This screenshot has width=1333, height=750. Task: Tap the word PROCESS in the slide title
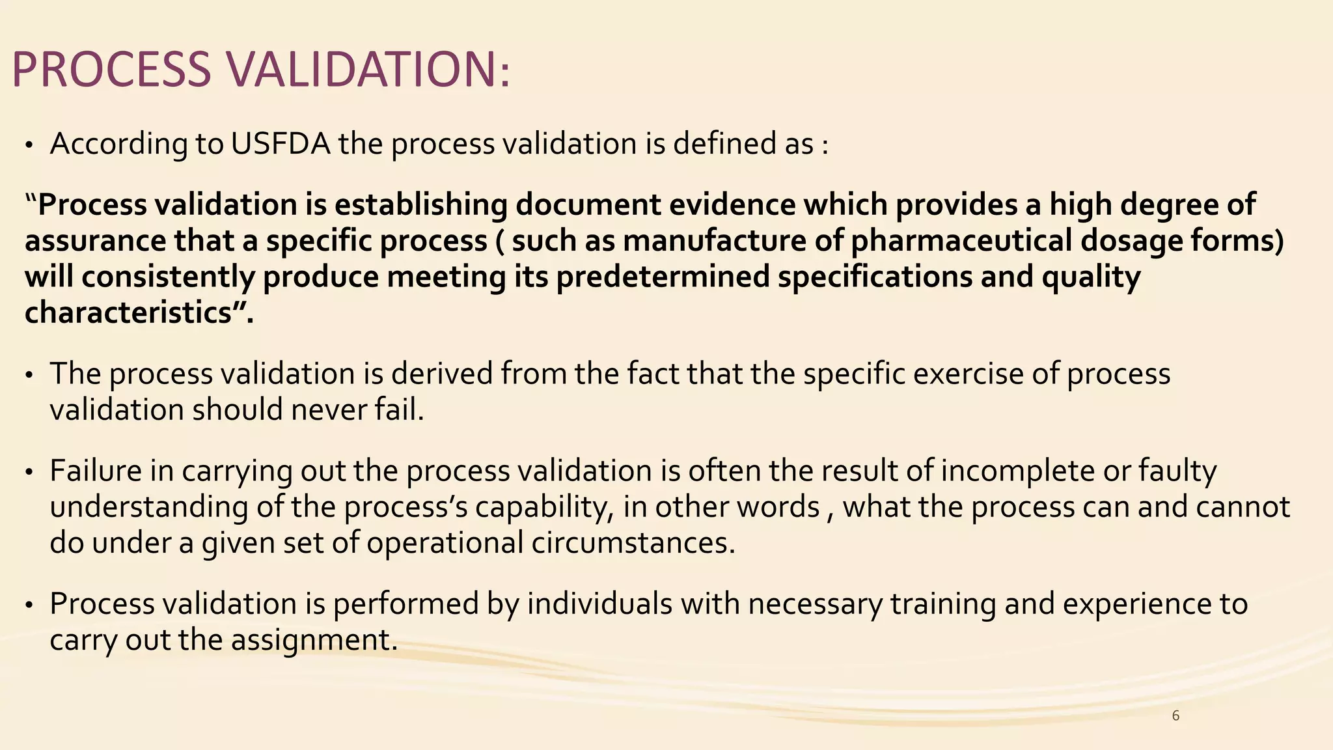[x=111, y=70]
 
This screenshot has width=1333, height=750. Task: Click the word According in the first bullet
[x=118, y=144]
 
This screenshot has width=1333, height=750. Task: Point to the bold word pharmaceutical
[x=961, y=241]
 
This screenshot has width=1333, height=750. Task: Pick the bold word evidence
[x=732, y=205]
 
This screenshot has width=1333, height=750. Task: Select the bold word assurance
[x=95, y=241]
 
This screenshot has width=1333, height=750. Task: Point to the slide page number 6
[x=1175, y=716]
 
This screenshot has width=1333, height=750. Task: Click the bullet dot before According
[x=29, y=146]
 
